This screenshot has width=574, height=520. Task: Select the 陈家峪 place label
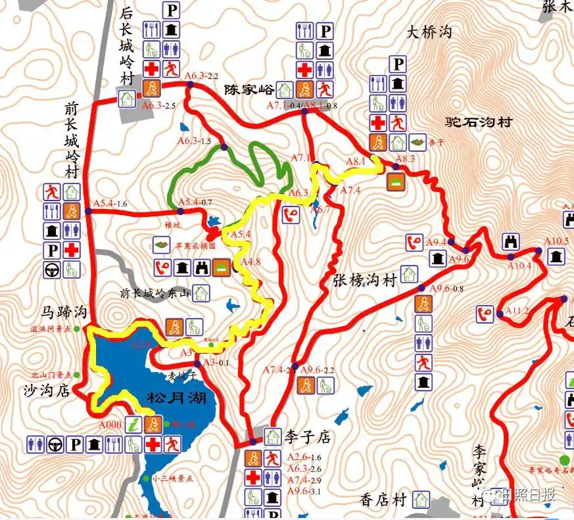(247, 89)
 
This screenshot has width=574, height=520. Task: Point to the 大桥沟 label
(429, 32)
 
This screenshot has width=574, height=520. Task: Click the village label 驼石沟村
(478, 122)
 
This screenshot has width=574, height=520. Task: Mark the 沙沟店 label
(46, 390)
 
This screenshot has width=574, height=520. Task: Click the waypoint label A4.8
(251, 262)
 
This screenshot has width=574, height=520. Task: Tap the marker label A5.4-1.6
(110, 203)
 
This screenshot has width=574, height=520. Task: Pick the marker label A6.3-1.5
(194, 141)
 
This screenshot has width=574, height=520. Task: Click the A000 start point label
(110, 425)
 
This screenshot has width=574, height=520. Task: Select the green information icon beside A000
(134, 424)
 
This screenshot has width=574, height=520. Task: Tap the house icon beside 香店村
(421, 500)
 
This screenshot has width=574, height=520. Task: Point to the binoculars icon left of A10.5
(511, 241)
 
